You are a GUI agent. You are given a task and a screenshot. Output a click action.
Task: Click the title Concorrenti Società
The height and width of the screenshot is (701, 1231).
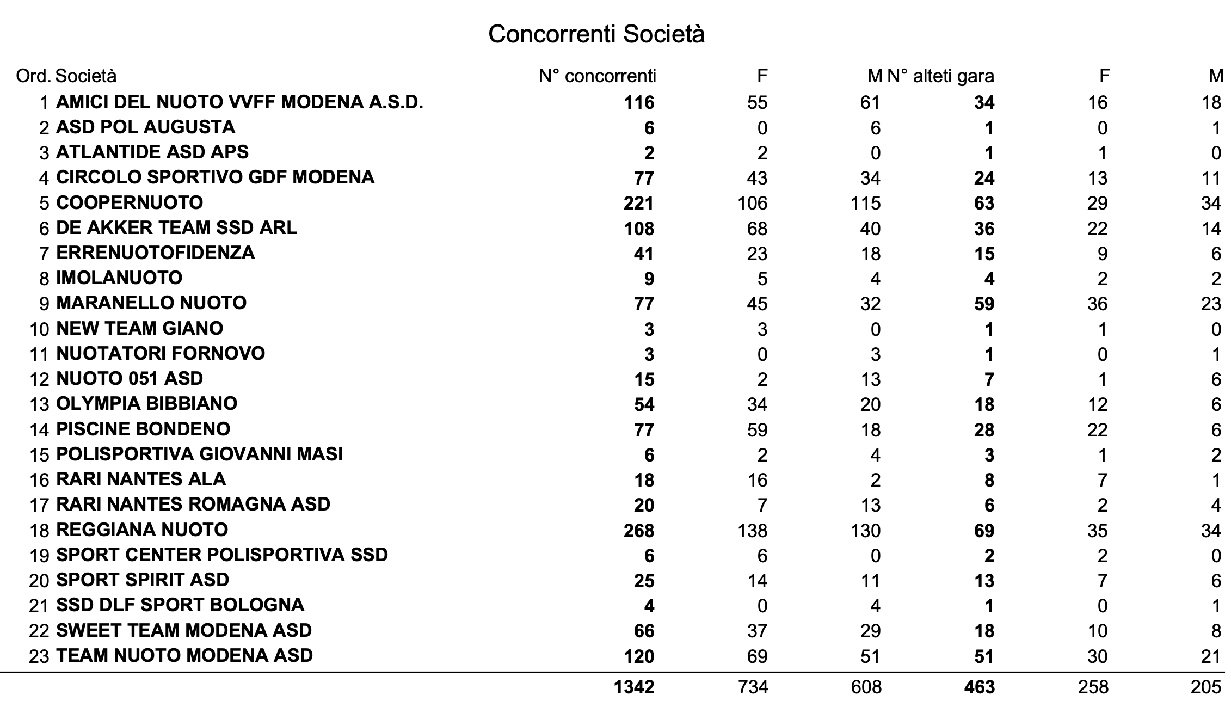pyautogui.click(x=596, y=34)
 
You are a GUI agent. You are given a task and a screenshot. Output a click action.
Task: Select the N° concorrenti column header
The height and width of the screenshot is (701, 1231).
pyautogui.click(x=597, y=76)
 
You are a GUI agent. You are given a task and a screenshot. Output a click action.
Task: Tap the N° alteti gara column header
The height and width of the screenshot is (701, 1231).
pyautogui.click(x=940, y=76)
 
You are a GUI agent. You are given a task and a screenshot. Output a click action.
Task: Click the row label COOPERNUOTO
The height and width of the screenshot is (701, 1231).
pyautogui.click(x=130, y=203)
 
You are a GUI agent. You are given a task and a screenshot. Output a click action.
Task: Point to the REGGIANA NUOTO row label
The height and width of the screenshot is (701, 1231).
pyautogui.click(x=142, y=530)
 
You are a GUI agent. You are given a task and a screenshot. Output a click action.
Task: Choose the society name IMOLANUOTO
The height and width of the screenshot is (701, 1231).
pyautogui.click(x=119, y=278)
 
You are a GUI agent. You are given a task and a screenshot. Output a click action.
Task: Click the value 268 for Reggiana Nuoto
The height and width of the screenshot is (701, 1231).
pyautogui.click(x=639, y=531)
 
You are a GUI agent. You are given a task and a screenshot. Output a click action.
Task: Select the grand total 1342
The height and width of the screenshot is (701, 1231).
pyautogui.click(x=634, y=687)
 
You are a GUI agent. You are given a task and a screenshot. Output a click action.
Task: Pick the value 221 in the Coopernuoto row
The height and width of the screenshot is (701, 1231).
pyautogui.click(x=639, y=204)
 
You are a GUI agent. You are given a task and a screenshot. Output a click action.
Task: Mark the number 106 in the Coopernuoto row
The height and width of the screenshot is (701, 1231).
pyautogui.click(x=752, y=204)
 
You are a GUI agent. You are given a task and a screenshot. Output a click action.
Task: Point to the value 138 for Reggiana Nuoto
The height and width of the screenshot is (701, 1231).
pyautogui.click(x=752, y=531)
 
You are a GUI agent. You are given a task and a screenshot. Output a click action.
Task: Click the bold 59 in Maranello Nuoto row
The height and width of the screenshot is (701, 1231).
pyautogui.click(x=984, y=304)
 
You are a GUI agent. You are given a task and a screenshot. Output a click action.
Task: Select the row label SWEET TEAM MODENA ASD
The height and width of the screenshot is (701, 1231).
pyautogui.click(x=184, y=630)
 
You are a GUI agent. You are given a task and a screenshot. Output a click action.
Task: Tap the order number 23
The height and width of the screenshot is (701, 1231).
pyautogui.click(x=39, y=656)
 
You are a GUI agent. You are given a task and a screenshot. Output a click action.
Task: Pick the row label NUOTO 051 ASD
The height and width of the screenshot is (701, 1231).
pyautogui.click(x=130, y=379)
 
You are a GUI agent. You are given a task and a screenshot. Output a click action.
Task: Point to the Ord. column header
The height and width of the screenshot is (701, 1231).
pyautogui.click(x=34, y=76)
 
